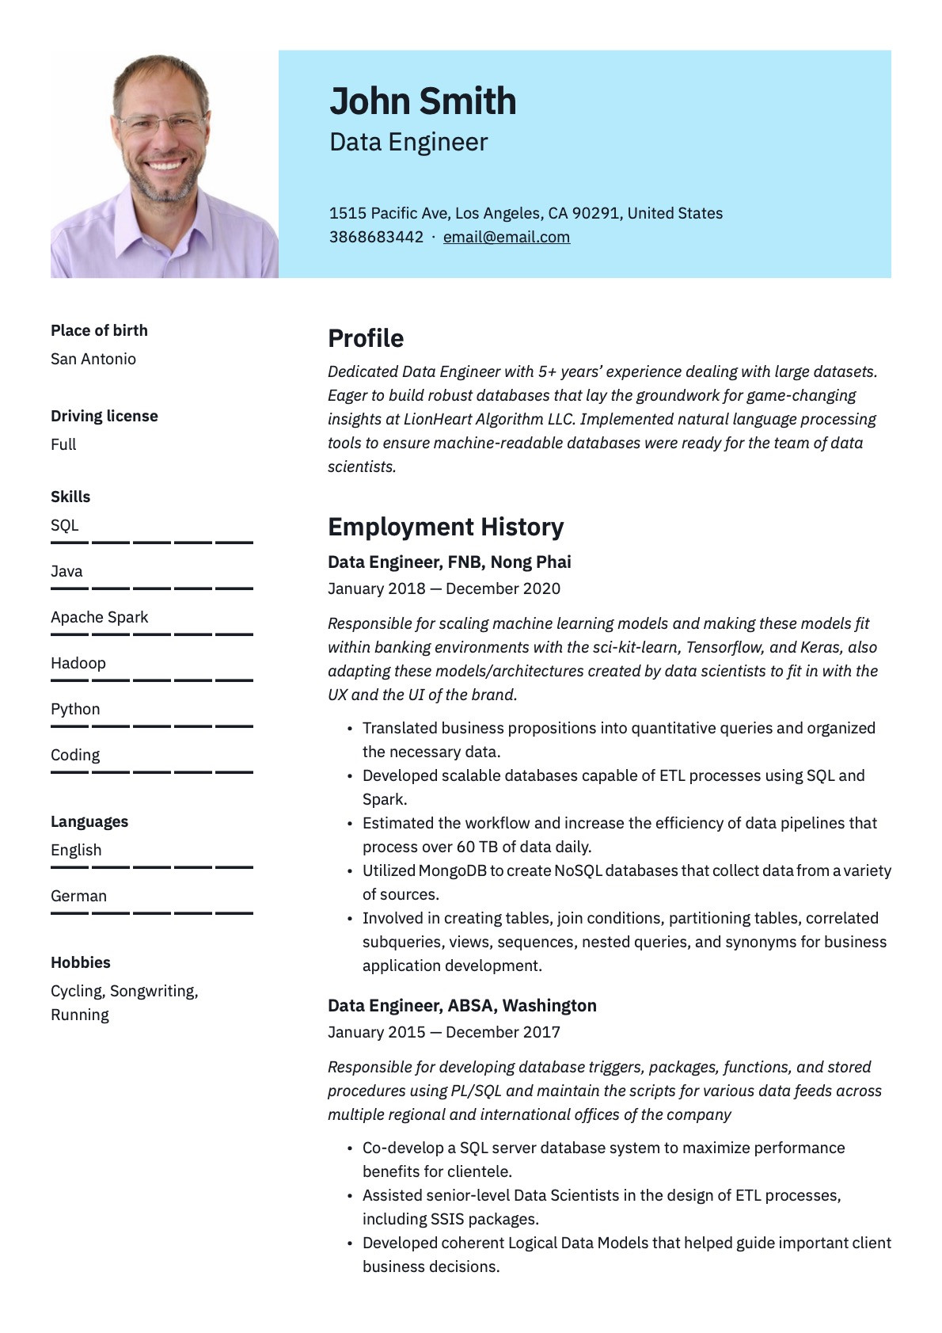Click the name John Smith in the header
423,101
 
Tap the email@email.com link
506,237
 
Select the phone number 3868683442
376,237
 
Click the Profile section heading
366,338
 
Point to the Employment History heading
446,527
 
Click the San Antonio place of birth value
93,359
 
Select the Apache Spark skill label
99,617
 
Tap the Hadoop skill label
78,663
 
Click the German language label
78,896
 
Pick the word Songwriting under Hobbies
153,991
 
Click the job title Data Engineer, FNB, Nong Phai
449,562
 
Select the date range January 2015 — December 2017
443,1032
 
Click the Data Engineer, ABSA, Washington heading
462,1005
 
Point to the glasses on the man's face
161,123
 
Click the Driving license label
104,416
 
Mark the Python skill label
75,709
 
